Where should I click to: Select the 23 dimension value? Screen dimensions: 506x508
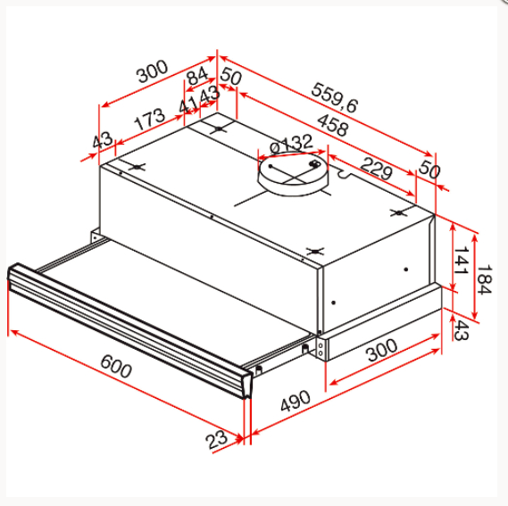click(x=215, y=439)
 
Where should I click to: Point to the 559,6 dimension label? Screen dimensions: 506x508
click(x=335, y=97)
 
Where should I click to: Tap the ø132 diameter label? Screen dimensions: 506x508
click(x=289, y=144)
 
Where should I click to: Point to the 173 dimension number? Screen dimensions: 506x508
click(x=149, y=119)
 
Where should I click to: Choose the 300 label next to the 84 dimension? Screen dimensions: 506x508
click(x=153, y=72)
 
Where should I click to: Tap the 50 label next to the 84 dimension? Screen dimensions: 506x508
click(x=230, y=78)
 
